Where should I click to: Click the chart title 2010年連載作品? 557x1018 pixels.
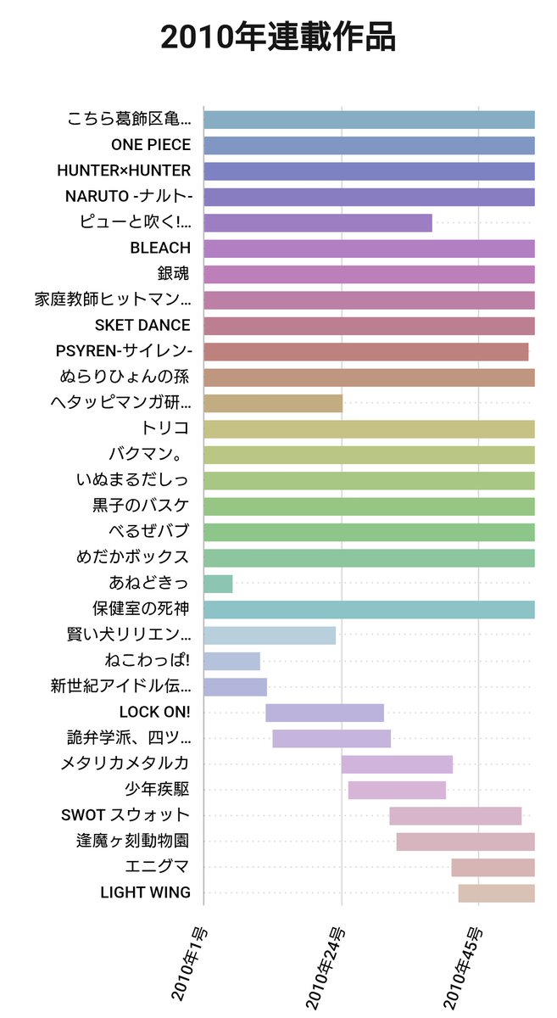click(x=278, y=38)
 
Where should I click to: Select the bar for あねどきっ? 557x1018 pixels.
click(x=218, y=584)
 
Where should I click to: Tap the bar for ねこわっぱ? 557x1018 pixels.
click(x=231, y=661)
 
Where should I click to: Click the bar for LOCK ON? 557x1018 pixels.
click(x=325, y=713)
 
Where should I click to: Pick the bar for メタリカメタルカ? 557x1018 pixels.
click(x=397, y=764)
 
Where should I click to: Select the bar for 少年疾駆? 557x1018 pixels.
click(x=397, y=790)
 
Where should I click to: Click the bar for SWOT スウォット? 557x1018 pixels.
click(x=455, y=816)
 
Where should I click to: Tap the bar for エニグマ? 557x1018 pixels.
click(x=493, y=867)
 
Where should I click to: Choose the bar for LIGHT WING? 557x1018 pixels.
click(x=496, y=893)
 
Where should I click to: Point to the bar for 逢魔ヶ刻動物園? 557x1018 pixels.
click(x=465, y=842)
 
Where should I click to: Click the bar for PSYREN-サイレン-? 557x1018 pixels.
click(x=366, y=351)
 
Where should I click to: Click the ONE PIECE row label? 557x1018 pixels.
click(x=151, y=145)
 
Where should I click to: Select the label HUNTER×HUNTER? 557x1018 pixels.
click(x=124, y=171)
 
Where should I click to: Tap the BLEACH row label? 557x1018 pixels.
click(x=160, y=248)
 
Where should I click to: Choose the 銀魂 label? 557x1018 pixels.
click(x=173, y=274)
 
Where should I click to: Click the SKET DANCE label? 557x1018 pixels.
click(x=142, y=325)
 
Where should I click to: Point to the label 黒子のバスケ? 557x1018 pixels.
click(x=141, y=506)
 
